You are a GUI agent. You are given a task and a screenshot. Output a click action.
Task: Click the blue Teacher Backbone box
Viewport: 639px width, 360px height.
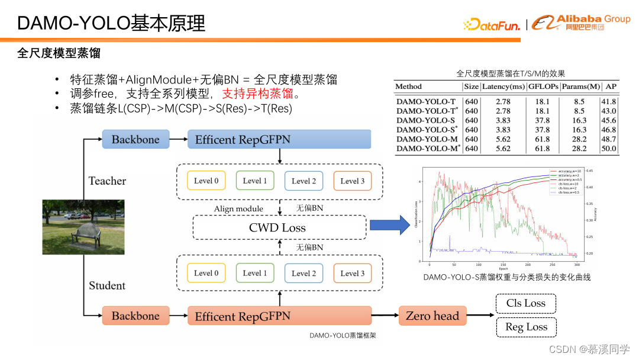pos(135,140)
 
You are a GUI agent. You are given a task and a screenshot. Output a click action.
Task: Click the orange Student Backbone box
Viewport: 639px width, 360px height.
pos(135,316)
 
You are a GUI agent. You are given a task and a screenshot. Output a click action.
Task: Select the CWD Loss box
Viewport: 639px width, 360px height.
pos(277,227)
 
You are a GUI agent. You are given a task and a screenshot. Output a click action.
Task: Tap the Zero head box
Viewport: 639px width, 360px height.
pos(433,316)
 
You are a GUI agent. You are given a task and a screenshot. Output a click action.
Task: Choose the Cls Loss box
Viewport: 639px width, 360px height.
pos(525,304)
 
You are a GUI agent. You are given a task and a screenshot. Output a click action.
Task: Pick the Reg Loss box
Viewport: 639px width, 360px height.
pos(525,327)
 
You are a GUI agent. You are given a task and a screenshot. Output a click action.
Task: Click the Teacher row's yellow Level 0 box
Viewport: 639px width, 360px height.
pos(206,181)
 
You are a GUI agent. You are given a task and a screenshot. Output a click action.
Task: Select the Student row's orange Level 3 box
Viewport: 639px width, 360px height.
pos(353,273)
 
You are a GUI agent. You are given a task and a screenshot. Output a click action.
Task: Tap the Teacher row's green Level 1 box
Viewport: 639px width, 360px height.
pos(254,181)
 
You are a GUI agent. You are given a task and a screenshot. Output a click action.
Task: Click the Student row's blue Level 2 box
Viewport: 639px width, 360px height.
pos(304,273)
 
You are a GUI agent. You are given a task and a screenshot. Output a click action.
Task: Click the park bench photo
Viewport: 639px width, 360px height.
pos(83,227)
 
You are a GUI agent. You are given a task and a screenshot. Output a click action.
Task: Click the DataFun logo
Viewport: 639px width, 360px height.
pos(492,25)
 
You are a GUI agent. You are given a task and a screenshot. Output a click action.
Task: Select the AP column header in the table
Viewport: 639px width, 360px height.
pos(611,86)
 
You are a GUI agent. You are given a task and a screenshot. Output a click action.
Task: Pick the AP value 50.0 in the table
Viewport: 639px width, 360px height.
pos(609,149)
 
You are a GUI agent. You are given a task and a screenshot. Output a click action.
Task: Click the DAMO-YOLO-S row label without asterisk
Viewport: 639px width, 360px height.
pos(425,120)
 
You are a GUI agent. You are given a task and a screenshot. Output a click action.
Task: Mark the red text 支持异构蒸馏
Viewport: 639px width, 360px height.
pos(257,94)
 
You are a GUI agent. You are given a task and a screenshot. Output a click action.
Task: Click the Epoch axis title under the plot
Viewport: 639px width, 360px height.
pos(503,268)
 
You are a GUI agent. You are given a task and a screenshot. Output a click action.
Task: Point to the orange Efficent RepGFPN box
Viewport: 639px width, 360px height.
pos(279,316)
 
